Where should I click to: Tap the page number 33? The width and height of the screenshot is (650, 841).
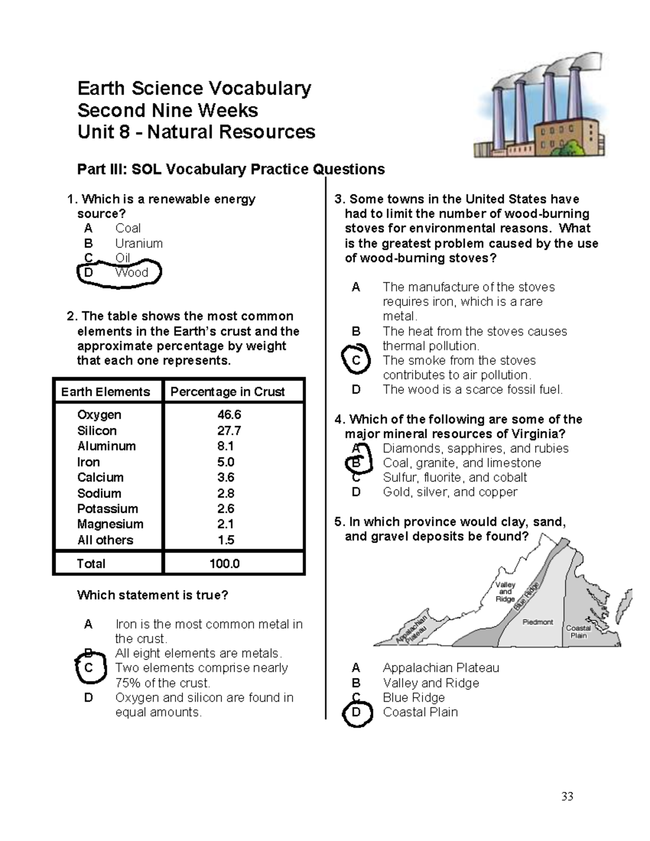[567, 796]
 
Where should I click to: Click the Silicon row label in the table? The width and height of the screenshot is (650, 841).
[97, 431]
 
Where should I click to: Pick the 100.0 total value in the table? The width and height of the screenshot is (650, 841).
[225, 564]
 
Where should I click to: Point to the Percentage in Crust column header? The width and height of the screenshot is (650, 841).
[227, 392]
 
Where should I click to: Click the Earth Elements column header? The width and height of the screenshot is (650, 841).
[106, 392]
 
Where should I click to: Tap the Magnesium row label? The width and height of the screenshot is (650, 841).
[110, 524]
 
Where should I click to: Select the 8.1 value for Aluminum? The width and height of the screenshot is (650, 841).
[226, 446]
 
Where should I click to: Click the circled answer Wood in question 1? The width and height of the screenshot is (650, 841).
[132, 273]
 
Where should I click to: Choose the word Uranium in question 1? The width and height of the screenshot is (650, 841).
[139, 244]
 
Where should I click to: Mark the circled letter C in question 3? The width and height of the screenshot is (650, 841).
[356, 361]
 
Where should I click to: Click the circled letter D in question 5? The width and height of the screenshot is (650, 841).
[356, 713]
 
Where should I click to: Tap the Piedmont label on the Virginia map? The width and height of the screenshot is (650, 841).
[537, 622]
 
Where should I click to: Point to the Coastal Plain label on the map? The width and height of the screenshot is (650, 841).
[578, 632]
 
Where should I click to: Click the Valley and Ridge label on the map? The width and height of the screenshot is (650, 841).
[505, 592]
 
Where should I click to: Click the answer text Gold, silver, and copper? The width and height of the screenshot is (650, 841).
[450, 492]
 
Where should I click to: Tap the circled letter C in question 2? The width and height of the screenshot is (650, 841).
[89, 668]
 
